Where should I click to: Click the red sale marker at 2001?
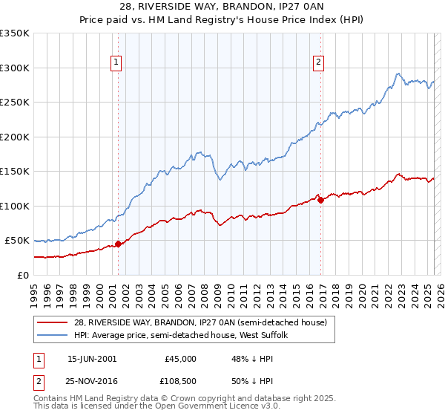tap(118, 244)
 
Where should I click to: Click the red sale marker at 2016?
tap(320, 200)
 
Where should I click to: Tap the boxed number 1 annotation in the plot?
tap(117, 63)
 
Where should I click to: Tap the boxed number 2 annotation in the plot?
tap(318, 63)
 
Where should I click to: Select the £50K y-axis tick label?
tap(18, 241)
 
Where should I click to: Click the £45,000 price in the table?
tap(180, 358)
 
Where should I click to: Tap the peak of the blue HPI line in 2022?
tap(398, 74)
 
